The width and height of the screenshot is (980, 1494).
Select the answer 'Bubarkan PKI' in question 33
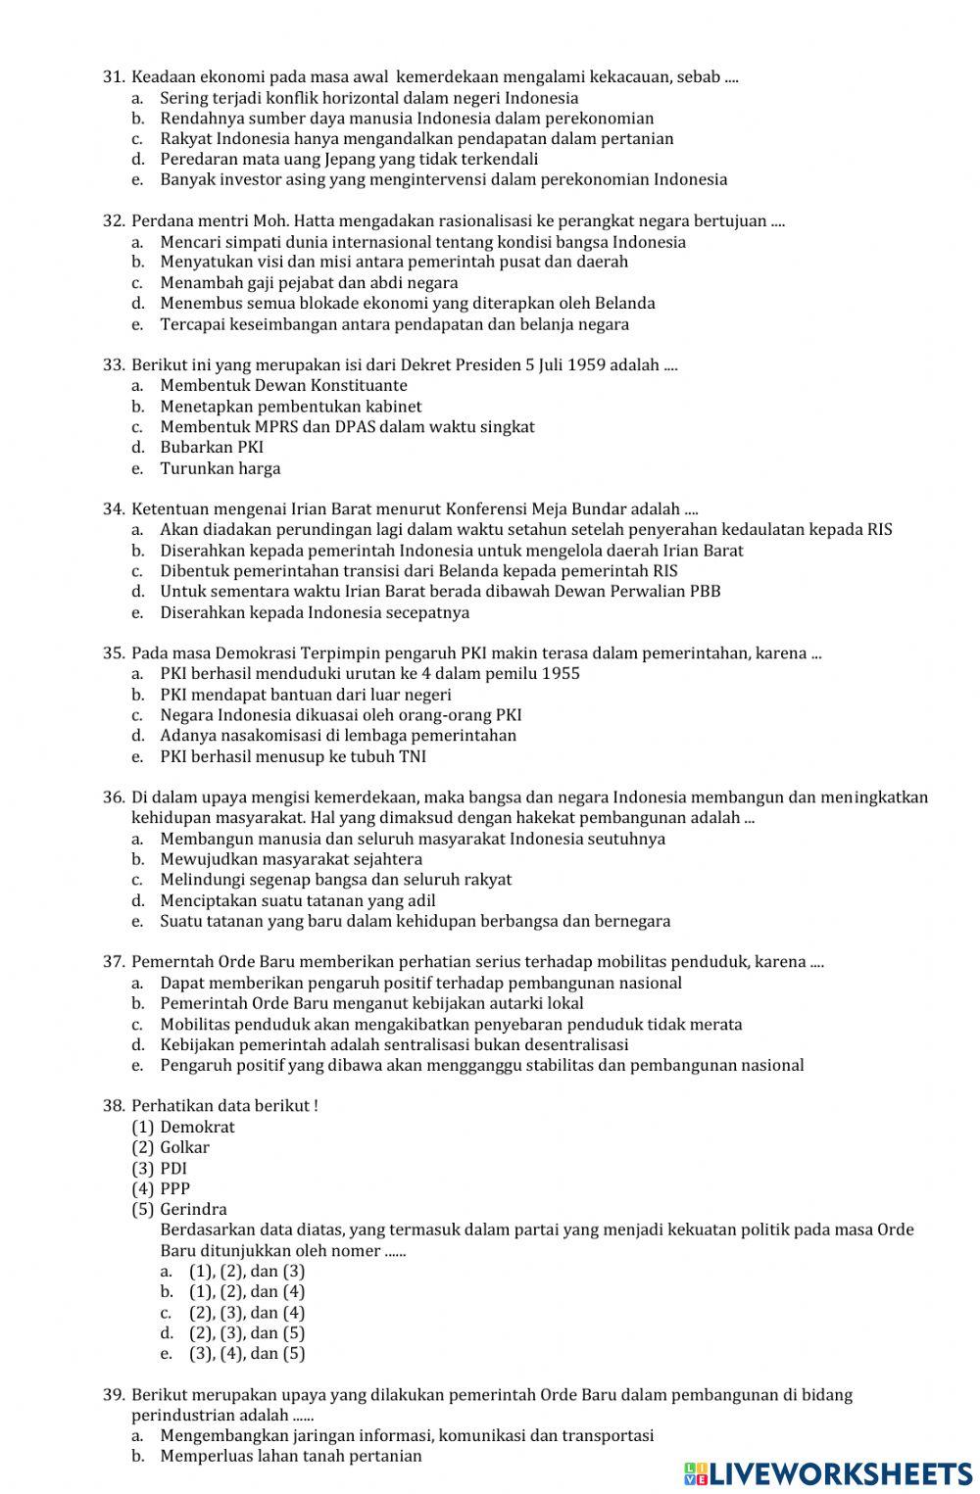coord(212,448)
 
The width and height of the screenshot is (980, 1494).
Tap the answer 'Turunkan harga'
coord(220,468)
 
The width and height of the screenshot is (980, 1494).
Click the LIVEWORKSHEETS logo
coord(828,1473)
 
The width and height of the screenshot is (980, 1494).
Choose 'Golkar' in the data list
coord(184,1147)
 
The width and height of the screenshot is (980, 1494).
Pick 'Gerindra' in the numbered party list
coord(193,1209)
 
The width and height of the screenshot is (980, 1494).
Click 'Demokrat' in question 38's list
coord(197,1127)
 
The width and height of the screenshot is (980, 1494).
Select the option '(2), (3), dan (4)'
coord(247,1313)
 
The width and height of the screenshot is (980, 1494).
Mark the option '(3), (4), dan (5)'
coord(247,1354)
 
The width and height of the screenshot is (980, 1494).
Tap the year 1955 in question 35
coord(561,673)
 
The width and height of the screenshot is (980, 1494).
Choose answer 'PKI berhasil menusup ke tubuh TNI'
coord(293,756)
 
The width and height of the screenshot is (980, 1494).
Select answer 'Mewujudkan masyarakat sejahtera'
coord(291,859)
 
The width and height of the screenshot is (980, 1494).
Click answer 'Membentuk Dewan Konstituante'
coord(283,386)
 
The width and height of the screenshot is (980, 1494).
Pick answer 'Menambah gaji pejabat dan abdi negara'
coord(309,283)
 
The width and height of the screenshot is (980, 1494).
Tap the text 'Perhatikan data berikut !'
coord(224,1106)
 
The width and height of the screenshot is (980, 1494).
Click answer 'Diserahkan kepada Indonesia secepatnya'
coord(315,612)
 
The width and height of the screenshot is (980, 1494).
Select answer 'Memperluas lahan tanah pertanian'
coord(291,1456)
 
